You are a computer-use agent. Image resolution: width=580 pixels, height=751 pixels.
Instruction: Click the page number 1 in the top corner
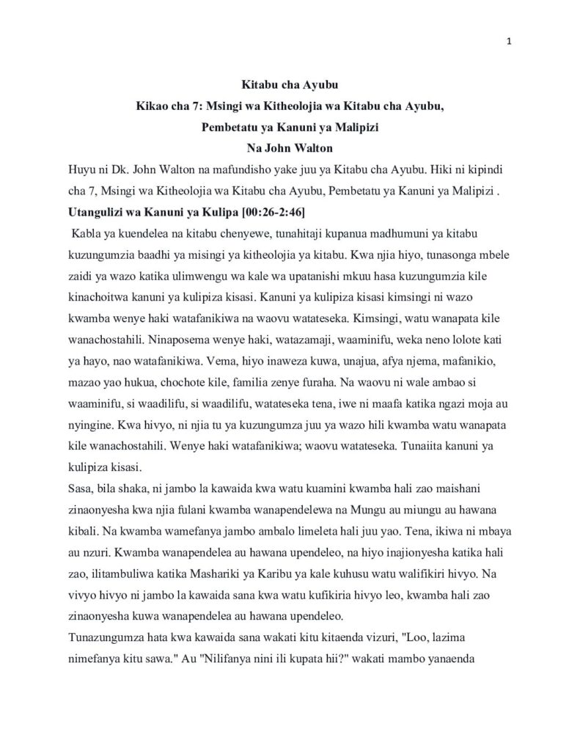point(509,40)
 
